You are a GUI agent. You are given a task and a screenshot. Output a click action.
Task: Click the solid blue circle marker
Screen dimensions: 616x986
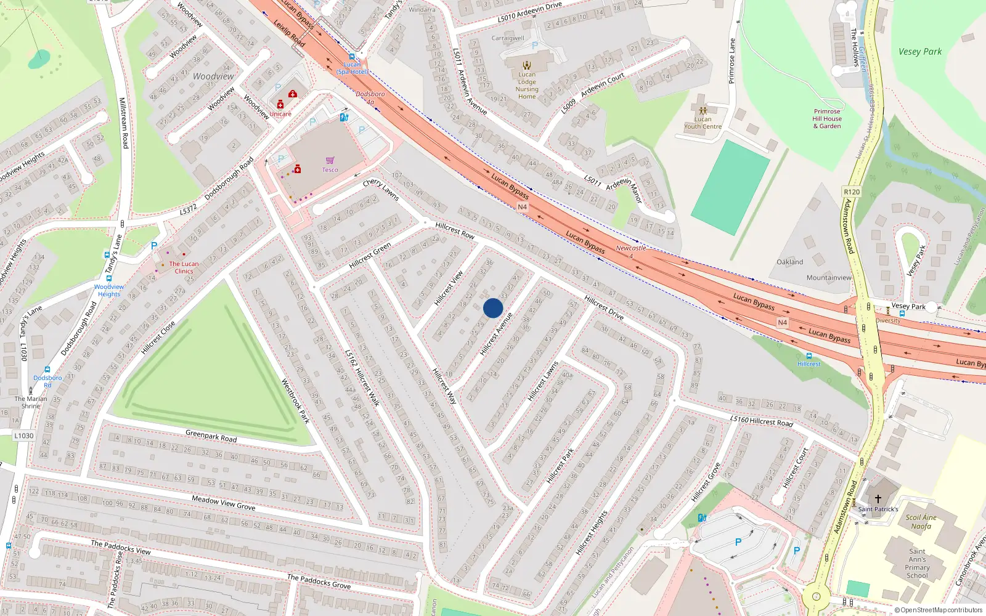(x=493, y=308)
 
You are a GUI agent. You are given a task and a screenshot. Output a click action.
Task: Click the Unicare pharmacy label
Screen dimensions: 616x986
(x=280, y=114)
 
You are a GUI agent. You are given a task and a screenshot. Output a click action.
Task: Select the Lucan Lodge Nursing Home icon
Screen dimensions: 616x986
(x=527, y=65)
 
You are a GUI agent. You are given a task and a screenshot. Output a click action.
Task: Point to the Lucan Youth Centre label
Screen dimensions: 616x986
(x=703, y=123)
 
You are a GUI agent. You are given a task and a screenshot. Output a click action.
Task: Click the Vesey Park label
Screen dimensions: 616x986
(x=919, y=52)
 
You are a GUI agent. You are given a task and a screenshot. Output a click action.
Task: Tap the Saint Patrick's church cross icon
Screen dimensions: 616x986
(x=878, y=499)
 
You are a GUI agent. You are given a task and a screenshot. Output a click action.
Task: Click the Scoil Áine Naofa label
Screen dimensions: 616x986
(x=921, y=522)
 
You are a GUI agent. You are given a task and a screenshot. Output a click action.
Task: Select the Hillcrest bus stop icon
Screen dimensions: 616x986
(x=809, y=356)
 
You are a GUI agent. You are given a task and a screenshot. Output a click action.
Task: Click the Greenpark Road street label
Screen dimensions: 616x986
(x=211, y=436)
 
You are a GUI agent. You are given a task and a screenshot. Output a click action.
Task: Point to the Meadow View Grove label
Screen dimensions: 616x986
(x=223, y=503)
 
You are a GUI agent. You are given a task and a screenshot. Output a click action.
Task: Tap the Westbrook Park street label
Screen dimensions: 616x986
(x=295, y=401)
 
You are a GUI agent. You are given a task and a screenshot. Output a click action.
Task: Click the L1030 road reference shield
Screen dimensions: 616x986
(x=24, y=436)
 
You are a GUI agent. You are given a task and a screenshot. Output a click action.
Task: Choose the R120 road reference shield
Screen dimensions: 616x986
(x=852, y=192)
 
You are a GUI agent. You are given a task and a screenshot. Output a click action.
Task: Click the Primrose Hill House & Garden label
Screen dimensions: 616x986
(x=826, y=119)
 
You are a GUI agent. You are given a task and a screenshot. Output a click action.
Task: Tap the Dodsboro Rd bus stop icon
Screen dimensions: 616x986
(x=47, y=370)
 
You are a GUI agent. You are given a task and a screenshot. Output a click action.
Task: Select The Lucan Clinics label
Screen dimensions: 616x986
(x=184, y=267)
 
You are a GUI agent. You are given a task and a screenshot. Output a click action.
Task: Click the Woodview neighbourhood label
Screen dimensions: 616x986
(x=213, y=76)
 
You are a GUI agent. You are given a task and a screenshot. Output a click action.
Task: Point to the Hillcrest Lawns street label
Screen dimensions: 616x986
(x=543, y=381)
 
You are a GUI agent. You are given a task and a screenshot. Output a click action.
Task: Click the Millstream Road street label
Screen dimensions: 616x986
(x=124, y=123)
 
